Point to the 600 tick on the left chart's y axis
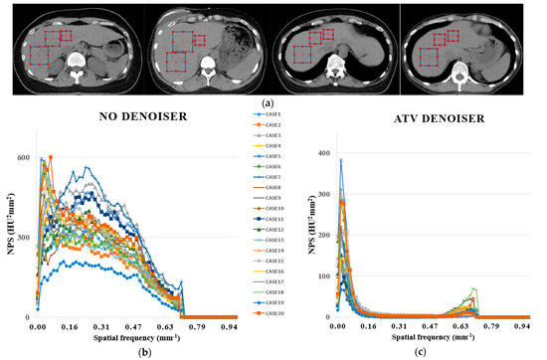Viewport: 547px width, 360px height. pos(20,157)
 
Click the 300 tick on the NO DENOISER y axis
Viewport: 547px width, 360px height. pos(20,238)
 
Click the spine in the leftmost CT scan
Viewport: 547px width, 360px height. pos(76,71)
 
